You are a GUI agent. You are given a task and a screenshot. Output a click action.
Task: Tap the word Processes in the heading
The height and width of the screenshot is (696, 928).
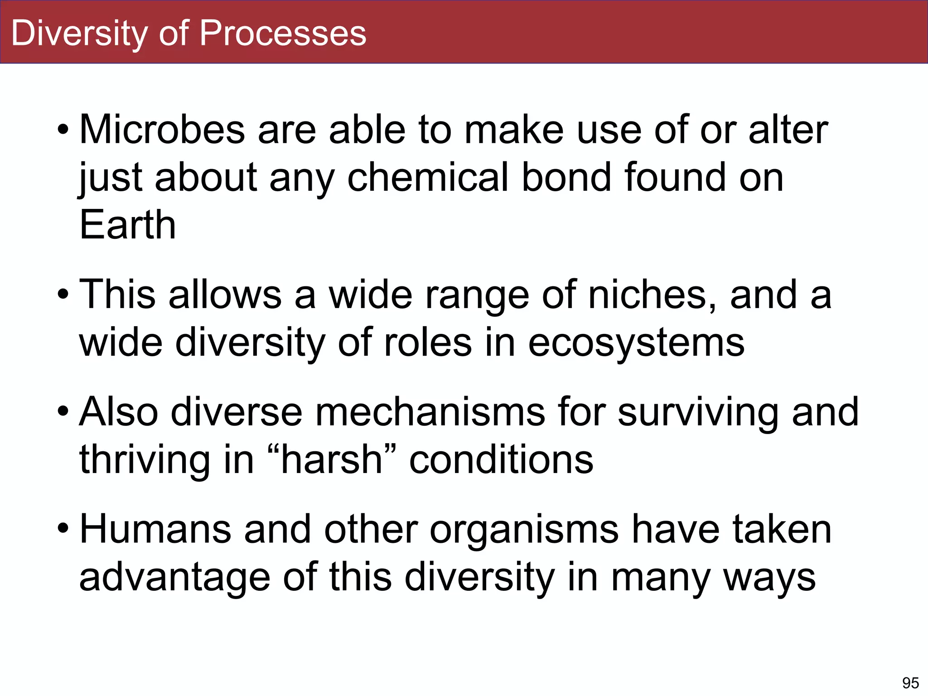[283, 33]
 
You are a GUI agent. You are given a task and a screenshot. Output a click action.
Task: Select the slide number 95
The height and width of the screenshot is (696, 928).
[910, 683]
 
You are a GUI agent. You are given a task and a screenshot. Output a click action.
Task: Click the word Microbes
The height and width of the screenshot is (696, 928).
[162, 130]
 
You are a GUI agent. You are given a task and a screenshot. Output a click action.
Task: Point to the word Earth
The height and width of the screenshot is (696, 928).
[127, 225]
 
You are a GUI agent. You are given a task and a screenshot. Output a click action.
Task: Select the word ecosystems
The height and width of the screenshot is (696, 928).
[636, 343]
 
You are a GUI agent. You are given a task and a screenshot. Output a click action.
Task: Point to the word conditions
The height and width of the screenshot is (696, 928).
[501, 460]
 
